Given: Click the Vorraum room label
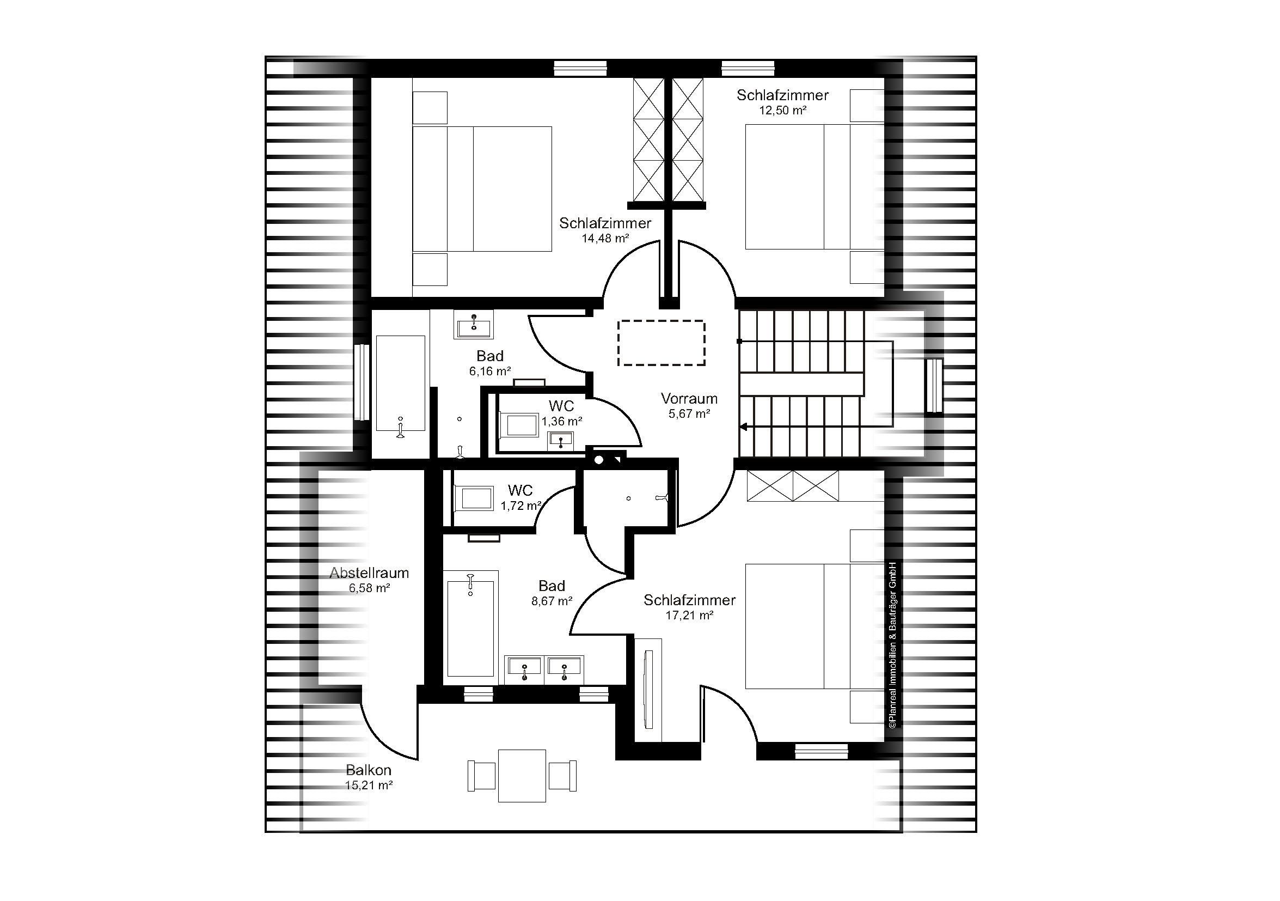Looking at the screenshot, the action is click(689, 398).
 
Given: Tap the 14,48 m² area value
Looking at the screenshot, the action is click(605, 238).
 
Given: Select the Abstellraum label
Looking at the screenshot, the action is click(369, 573).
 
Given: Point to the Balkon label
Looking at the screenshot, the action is click(369, 770).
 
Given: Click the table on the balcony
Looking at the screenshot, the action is click(522, 776).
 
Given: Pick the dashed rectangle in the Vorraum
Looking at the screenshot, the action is click(661, 343).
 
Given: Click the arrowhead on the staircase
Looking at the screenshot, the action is click(744, 427).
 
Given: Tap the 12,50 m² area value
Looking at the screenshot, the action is click(783, 110).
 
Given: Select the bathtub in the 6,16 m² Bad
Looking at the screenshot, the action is click(400, 383).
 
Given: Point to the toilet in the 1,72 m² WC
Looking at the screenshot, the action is click(474, 498).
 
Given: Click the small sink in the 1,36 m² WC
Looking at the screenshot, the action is click(561, 440).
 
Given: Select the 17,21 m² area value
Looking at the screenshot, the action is click(690, 615).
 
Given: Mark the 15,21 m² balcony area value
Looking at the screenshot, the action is click(369, 785).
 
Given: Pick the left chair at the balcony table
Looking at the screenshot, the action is click(482, 776).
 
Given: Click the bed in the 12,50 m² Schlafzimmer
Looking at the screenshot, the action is click(814, 186).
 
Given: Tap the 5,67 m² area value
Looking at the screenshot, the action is click(689, 413).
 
